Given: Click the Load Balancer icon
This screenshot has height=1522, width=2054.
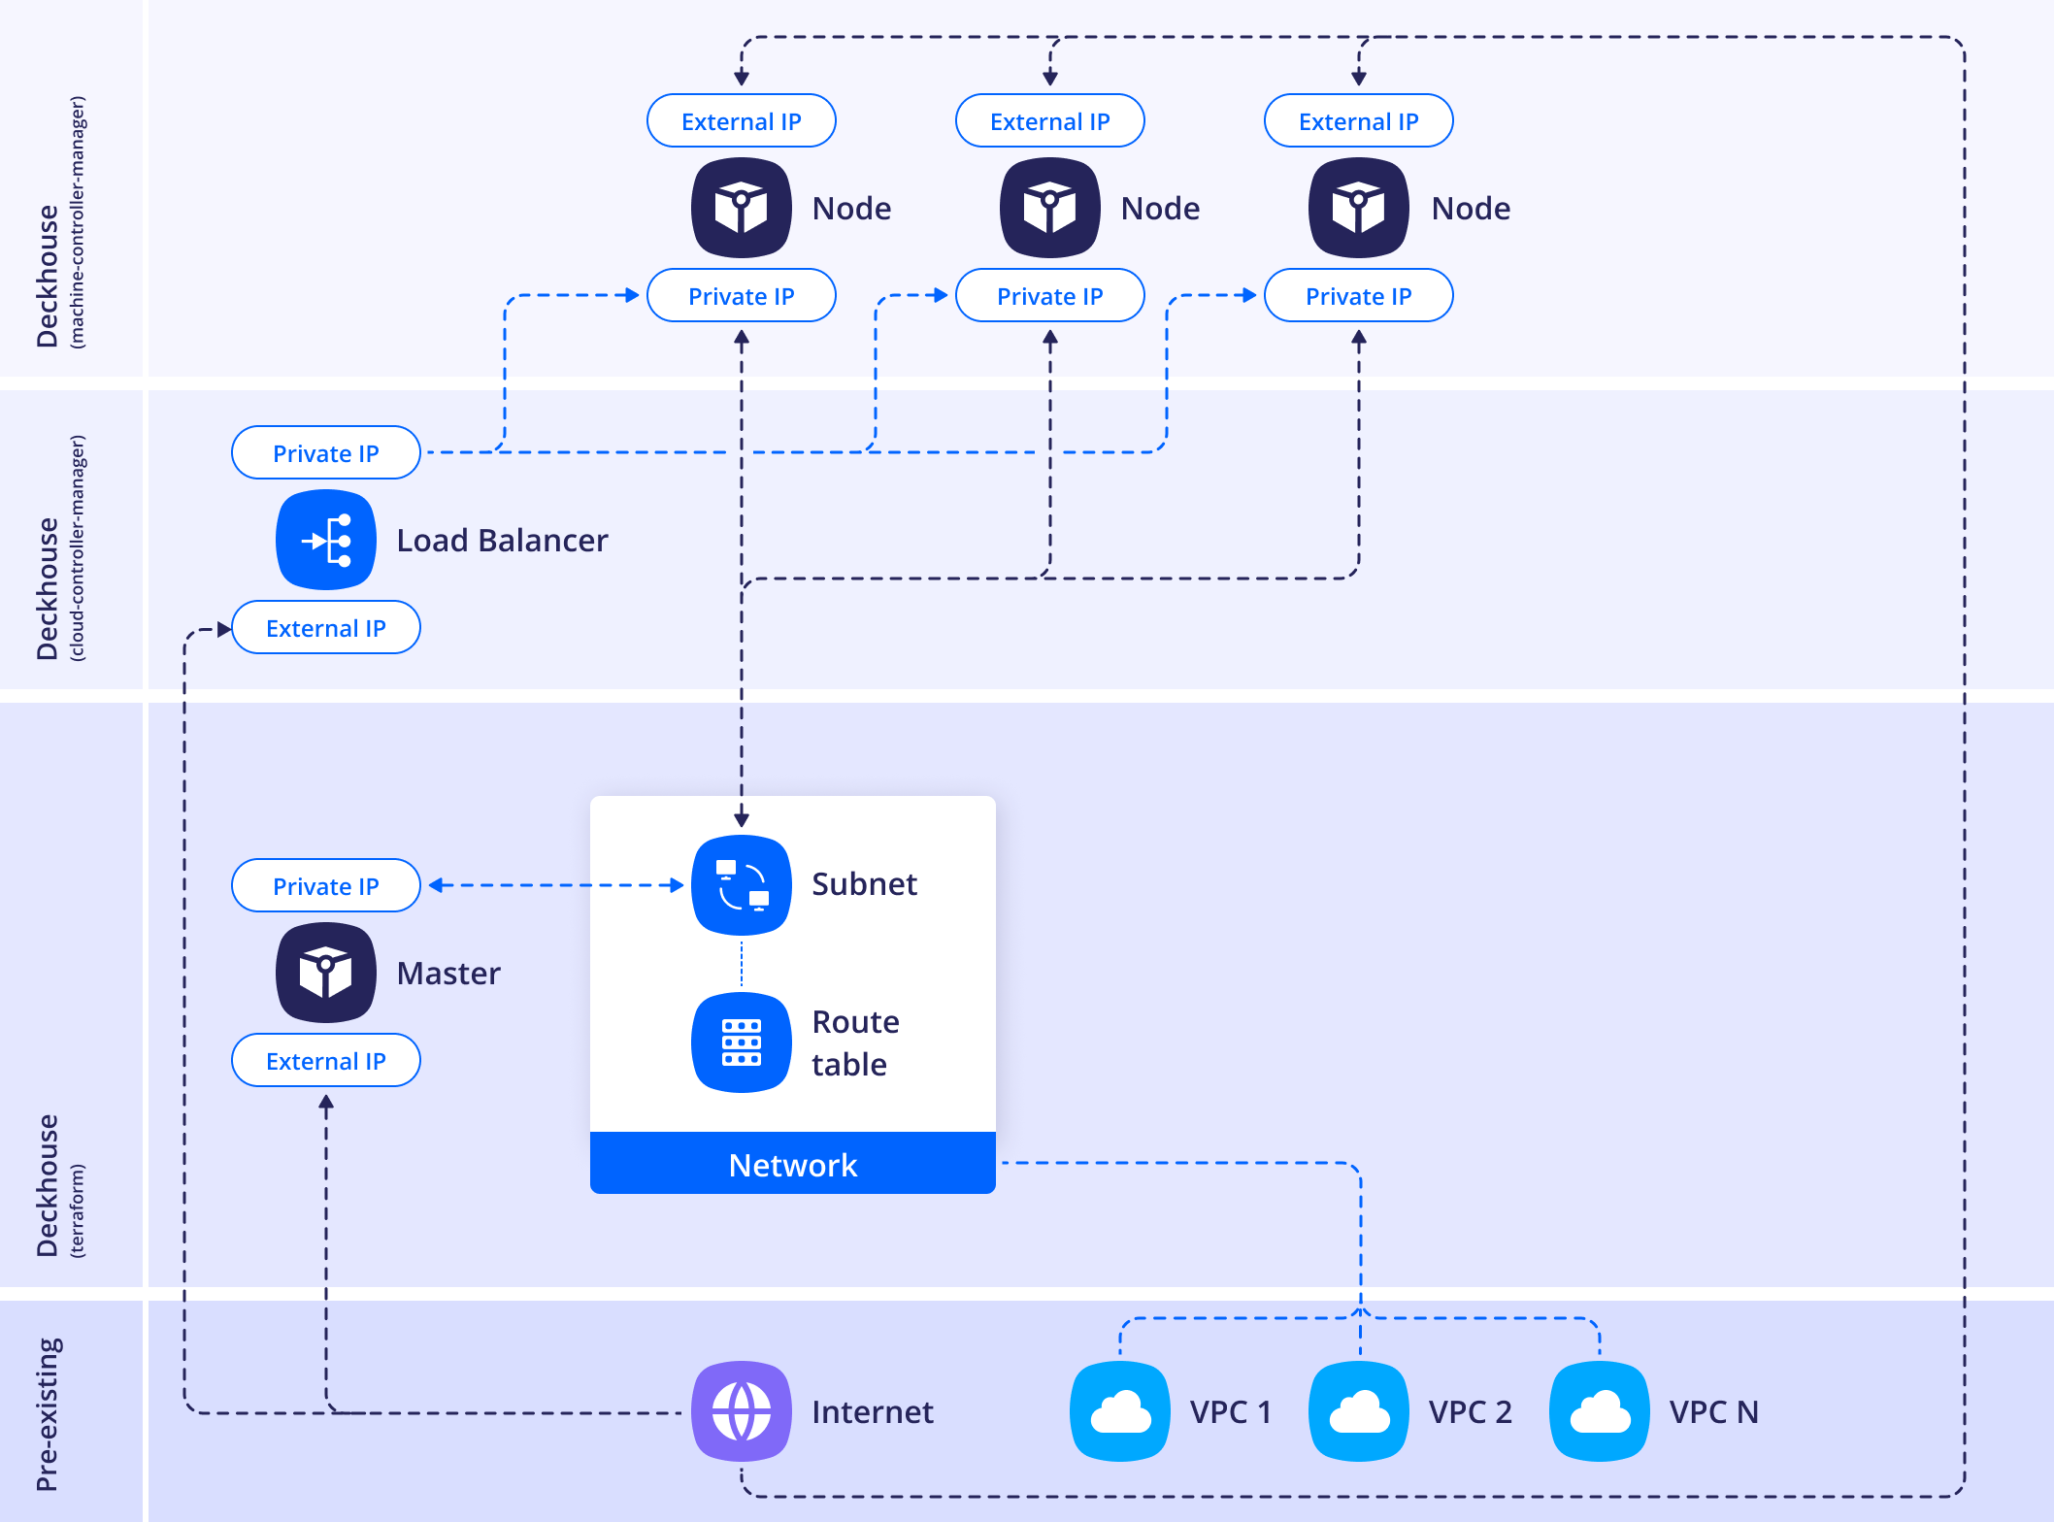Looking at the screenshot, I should coord(326,540).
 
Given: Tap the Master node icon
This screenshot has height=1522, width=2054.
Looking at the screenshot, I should coord(326,973).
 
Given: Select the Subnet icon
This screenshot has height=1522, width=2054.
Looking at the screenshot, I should coord(742,884).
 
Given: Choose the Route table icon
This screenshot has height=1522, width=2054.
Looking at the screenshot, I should coord(742,1042).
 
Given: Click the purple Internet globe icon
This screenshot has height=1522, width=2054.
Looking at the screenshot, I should coord(742,1411).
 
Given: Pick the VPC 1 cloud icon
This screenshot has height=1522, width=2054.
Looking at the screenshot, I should coord(1120,1411).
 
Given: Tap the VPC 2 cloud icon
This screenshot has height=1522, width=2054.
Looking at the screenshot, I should coord(1359,1411).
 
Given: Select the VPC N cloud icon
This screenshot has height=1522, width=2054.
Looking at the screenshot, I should coord(1600,1411).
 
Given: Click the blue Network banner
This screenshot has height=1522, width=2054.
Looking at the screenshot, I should coord(793,1164).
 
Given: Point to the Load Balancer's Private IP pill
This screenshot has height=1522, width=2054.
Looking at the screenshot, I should coord(326,453).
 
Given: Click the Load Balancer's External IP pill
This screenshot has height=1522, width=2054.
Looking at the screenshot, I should coord(326,628).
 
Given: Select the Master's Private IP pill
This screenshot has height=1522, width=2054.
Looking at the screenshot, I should coord(326,886).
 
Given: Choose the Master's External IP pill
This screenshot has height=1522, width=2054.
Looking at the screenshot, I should coord(326,1061).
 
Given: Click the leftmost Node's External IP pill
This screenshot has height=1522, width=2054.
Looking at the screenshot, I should coord(742,121).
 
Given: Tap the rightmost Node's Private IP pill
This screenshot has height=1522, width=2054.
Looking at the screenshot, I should coord(1359,296).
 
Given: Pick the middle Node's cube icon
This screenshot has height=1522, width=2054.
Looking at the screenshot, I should coord(1050,208).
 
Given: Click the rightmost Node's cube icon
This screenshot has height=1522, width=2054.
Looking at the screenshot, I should coord(1359,208).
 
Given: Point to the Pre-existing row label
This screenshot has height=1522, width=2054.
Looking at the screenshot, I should coord(48,1413).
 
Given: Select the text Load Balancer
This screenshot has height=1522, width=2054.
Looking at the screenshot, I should coord(502,541).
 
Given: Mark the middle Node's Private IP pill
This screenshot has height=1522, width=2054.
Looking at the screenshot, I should coord(1050,296).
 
